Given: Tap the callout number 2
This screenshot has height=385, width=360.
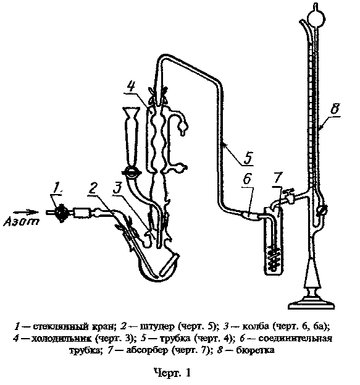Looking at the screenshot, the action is click(x=93, y=188).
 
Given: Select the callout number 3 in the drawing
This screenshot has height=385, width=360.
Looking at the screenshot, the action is click(x=117, y=188).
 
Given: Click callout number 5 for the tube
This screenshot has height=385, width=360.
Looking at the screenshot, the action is click(x=248, y=158).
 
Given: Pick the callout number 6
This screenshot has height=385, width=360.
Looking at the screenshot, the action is click(x=247, y=178).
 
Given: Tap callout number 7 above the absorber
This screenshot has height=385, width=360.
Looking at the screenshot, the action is click(x=277, y=177).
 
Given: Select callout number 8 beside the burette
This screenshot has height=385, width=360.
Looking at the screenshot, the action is click(x=335, y=108).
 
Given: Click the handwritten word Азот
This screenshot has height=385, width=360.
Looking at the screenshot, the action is click(x=22, y=221).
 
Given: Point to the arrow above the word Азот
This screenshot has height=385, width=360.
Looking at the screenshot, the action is click(x=26, y=212).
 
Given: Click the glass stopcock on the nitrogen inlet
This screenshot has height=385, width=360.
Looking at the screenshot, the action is click(x=61, y=212).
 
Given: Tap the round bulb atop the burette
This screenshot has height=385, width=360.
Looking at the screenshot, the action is click(x=316, y=19).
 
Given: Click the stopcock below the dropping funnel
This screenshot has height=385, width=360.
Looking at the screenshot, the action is click(x=132, y=172).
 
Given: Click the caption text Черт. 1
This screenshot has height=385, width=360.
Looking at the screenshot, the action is click(x=172, y=372).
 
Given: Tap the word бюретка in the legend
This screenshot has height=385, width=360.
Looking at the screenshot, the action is click(x=255, y=350).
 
